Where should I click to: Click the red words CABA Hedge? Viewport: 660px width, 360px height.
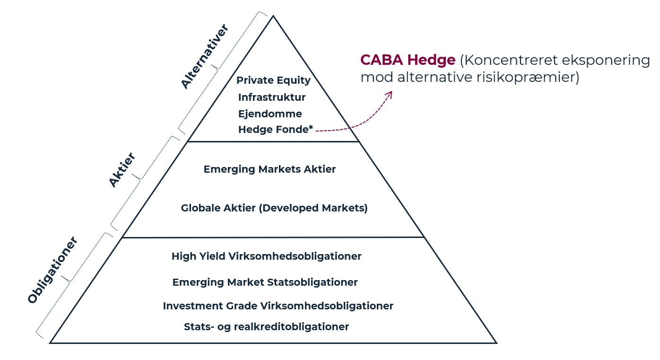click(x=408, y=60)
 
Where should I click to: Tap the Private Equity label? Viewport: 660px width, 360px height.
click(x=273, y=80)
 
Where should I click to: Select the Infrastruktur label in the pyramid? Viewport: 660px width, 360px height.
click(x=272, y=97)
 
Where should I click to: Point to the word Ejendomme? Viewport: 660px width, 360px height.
click(x=270, y=114)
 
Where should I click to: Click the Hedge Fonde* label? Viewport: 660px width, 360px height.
click(x=276, y=130)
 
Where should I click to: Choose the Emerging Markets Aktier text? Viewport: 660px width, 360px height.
click(x=269, y=169)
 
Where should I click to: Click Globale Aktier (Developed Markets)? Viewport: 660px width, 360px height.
click(x=274, y=208)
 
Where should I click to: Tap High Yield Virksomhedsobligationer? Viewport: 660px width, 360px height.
click(x=266, y=256)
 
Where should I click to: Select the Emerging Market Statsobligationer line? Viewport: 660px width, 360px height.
click(x=265, y=282)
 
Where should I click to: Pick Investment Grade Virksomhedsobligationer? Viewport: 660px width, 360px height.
click(x=278, y=306)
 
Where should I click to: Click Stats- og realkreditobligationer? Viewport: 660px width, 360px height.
click(x=266, y=327)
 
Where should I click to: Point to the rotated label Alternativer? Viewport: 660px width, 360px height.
click(x=205, y=56)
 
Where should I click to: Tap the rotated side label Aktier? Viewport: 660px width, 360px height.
click(x=122, y=170)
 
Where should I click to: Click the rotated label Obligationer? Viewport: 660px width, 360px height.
click(x=52, y=270)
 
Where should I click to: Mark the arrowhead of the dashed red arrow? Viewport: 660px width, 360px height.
click(x=390, y=94)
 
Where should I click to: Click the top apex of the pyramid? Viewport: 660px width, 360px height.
click(x=273, y=15)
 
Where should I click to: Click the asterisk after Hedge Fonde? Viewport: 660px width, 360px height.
click(x=311, y=127)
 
